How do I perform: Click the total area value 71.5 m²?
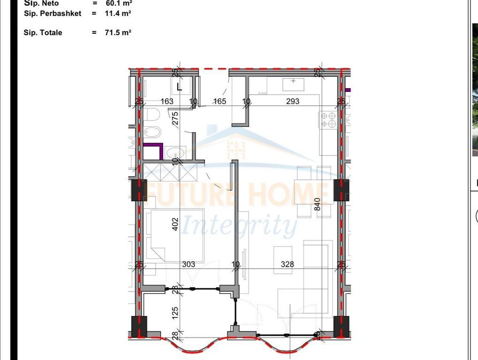tap(118, 33)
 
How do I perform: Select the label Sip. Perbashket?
tap(53, 14)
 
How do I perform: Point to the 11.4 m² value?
tap(118, 14)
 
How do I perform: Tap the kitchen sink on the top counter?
tap(294, 84)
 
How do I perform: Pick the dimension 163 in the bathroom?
tap(167, 101)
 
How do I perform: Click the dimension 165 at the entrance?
tap(220, 101)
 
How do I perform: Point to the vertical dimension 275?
tap(175, 118)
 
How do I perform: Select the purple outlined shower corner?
tap(153, 150)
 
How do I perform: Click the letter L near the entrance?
tap(179, 87)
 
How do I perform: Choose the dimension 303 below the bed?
tap(189, 264)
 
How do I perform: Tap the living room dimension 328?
tap(287, 264)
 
